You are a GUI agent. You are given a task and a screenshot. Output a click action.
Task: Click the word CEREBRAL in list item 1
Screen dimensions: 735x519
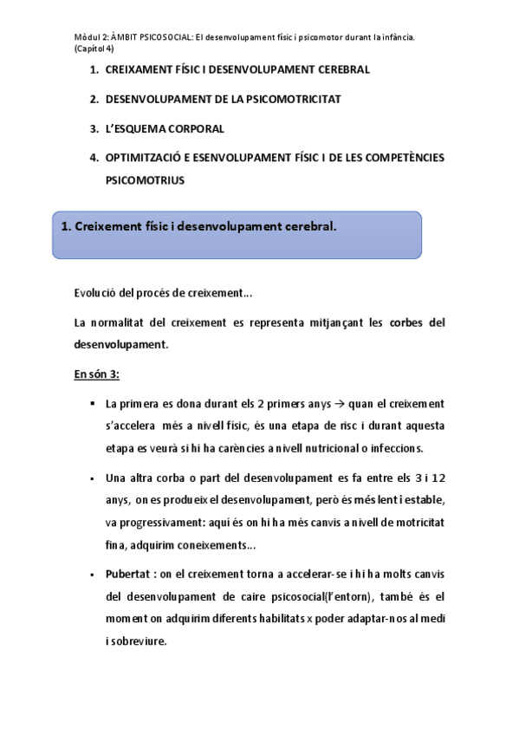[x=341, y=69]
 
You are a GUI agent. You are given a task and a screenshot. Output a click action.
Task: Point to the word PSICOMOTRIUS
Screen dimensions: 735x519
[x=145, y=181]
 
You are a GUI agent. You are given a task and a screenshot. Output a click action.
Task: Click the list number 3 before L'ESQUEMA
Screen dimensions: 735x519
[x=93, y=129]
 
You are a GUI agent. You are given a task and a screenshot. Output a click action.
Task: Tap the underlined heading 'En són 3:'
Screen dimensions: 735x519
[x=96, y=374]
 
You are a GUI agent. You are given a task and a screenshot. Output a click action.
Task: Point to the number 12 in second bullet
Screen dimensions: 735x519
[x=438, y=478]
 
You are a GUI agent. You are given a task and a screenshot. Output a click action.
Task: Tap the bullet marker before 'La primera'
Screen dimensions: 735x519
[x=92, y=404]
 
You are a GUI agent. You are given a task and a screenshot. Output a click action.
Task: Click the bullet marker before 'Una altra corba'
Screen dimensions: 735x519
[x=92, y=478]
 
